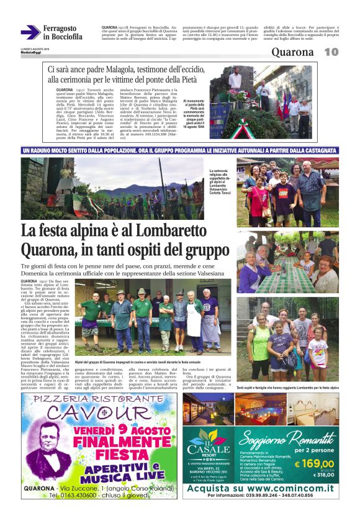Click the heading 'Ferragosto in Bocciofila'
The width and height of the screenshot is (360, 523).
[x=62, y=32]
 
